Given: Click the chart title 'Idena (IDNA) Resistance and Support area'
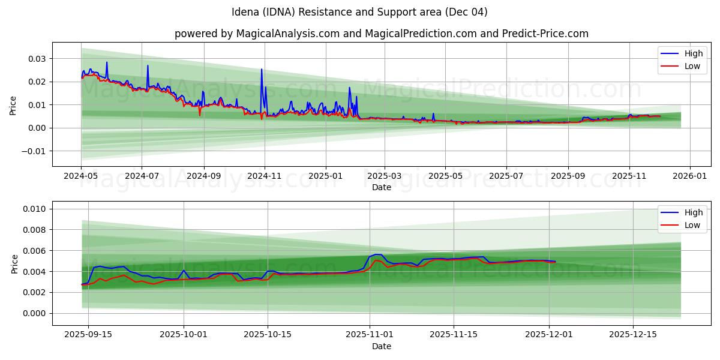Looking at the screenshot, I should click(359, 12).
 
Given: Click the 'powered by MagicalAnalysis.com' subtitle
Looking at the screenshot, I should click(381, 34).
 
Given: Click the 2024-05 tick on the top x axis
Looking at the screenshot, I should click(81, 177).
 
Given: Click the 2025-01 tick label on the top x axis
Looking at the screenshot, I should click(326, 177).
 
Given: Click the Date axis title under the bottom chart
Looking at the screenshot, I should click(381, 346).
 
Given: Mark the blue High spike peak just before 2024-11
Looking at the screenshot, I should click(262, 70).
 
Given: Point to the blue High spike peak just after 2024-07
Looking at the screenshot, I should click(148, 66).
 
